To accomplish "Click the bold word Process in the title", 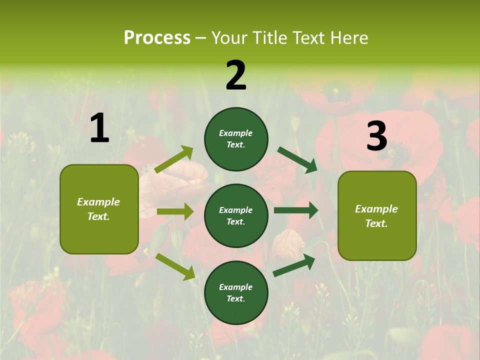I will click(x=157, y=37).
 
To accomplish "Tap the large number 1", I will click(x=99, y=128).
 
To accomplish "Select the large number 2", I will click(x=236, y=75).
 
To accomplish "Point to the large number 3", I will click(x=377, y=136).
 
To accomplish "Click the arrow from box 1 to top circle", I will click(x=174, y=160).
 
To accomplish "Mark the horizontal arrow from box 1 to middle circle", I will click(x=175, y=211).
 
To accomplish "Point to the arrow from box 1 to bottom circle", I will click(x=175, y=266).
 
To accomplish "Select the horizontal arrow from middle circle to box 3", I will click(x=296, y=210).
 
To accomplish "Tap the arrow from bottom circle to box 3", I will click(x=294, y=265).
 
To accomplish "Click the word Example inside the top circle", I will click(x=236, y=133).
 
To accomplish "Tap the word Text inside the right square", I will click(x=376, y=223).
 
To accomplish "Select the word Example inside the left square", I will click(x=98, y=202).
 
